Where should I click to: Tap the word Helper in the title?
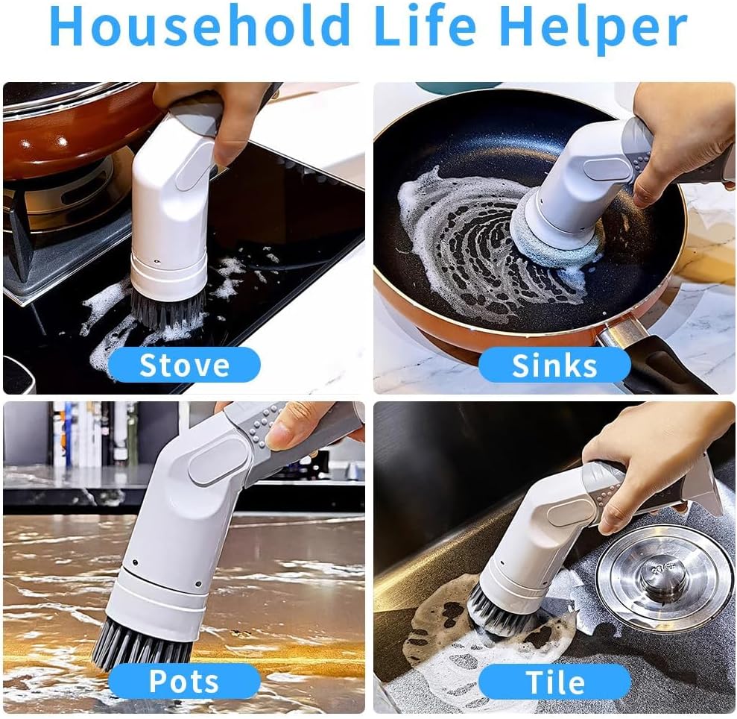tap(593, 28)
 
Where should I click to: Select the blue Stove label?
tap(184, 365)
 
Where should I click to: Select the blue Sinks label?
tap(554, 365)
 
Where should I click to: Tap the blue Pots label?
tap(184, 682)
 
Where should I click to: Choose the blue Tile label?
tap(554, 682)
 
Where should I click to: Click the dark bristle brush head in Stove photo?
tap(168, 310)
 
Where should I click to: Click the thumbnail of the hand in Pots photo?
tap(282, 436)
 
